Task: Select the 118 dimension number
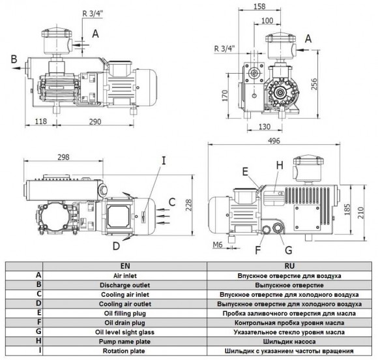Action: coord(40,121)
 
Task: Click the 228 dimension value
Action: coord(187,205)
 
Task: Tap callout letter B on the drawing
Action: coord(12,60)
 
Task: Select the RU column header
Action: coord(290,265)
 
